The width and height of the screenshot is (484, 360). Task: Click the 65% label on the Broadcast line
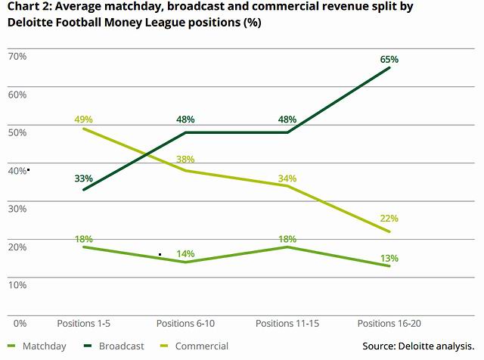point(389,59)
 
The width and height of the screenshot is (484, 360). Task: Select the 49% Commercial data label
point(83,119)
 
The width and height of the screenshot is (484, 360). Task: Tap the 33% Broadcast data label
point(83,178)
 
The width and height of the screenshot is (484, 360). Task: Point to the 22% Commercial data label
point(389,219)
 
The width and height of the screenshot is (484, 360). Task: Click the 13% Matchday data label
point(389,258)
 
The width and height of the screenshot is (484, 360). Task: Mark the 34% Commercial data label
point(288,178)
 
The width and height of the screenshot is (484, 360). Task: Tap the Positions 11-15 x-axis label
point(288,324)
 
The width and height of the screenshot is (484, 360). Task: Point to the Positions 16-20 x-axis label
point(389,324)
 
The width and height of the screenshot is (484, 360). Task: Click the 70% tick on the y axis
point(17,56)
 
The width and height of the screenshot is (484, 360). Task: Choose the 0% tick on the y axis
point(20,324)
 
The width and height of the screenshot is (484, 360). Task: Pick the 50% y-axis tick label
point(17,132)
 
